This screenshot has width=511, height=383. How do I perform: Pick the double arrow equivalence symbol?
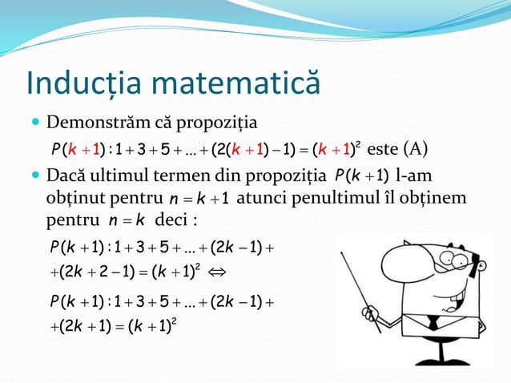point(216,270)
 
